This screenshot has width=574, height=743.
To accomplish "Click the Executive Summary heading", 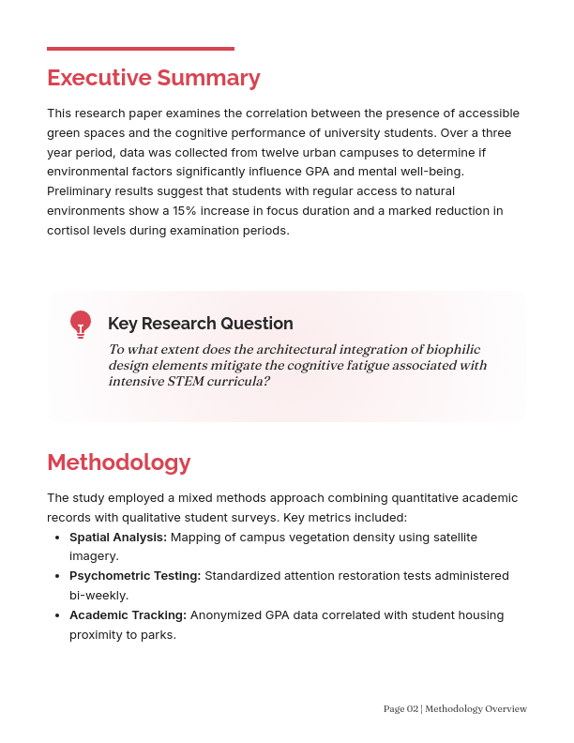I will coord(154,78).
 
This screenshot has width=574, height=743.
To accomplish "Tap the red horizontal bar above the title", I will coord(141,48).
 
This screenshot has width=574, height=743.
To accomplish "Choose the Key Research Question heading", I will coord(201,324).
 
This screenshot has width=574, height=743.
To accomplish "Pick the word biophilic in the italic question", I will coord(457,349).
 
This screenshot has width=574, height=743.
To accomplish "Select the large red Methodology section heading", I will coord(119,462).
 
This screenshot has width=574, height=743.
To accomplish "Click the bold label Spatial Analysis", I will coord(118,538).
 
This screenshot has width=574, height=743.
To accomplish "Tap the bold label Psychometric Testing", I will coord(135,576).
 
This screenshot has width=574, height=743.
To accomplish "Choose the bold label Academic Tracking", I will coord(128,615).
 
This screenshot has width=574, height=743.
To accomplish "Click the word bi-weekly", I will coord(98,596).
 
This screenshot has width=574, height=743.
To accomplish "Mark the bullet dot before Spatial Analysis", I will coord(59,538).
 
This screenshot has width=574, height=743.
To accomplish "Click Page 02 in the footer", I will coord(400,709).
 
